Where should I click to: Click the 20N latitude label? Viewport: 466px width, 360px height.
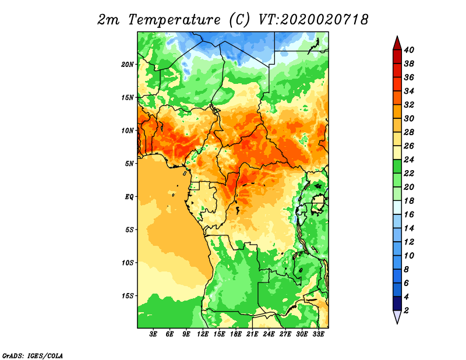point(127,65)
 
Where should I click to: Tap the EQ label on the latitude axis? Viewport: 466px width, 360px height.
point(129,197)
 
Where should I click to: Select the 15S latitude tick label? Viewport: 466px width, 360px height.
point(127,296)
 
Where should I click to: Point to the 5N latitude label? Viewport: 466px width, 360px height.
point(129,164)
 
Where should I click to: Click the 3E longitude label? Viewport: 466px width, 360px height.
point(153,334)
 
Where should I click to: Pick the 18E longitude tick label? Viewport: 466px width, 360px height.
point(236,334)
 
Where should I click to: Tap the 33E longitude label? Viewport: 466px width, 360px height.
point(318,334)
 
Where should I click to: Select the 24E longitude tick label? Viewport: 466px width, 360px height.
point(269,334)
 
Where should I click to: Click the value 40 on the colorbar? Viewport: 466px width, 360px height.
point(409,50)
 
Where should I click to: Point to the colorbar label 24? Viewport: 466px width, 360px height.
point(409,160)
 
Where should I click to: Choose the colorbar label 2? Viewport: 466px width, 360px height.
point(406,310)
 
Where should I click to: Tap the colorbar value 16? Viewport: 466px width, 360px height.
point(409,214)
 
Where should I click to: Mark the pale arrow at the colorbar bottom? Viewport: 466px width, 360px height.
point(397,316)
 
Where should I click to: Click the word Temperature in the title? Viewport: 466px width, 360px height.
point(174,20)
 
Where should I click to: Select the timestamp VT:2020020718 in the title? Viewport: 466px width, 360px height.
point(313,20)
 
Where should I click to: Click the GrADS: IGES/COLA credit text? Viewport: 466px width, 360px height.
point(33,356)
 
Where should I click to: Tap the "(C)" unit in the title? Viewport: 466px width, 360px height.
point(239,20)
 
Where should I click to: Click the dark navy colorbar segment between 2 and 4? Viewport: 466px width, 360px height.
point(397,303)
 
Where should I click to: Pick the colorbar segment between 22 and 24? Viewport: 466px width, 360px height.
point(397,167)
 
